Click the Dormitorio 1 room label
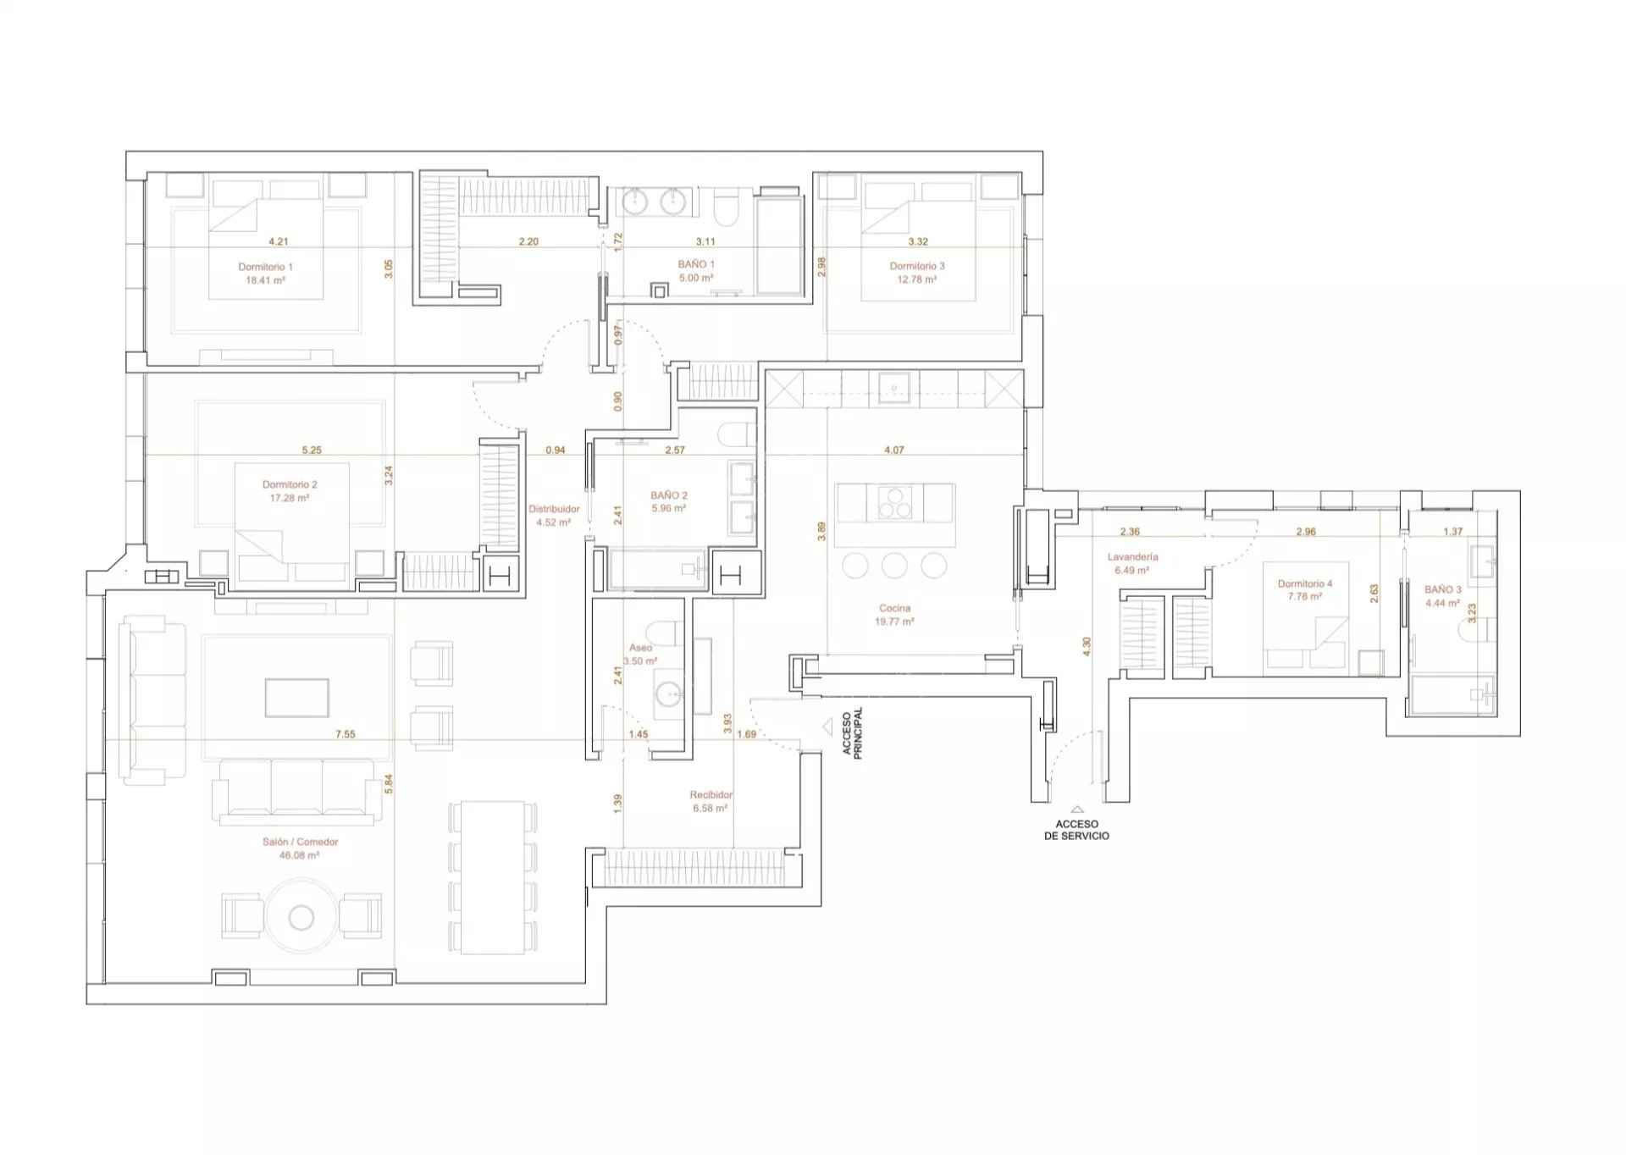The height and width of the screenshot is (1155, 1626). click(265, 267)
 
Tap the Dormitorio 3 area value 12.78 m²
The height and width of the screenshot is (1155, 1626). click(917, 279)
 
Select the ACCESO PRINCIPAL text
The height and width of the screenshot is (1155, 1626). click(852, 733)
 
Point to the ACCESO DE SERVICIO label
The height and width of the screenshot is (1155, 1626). click(1076, 830)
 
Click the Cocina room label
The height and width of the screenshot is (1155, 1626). click(895, 608)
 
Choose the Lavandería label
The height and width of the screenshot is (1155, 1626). click(1132, 557)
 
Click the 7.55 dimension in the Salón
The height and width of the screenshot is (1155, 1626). click(345, 734)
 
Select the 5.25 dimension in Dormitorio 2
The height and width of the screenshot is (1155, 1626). click(312, 450)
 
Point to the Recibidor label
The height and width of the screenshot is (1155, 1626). click(711, 795)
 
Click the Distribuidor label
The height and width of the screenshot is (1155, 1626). click(554, 509)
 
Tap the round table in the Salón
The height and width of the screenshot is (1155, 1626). click(301, 917)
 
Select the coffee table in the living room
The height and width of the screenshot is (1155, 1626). click(296, 698)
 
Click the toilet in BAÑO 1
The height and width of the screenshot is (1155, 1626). click(727, 207)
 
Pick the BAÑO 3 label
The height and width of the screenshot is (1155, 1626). click(1442, 589)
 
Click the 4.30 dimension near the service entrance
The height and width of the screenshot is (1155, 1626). click(1087, 646)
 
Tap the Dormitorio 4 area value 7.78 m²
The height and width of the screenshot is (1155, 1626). click(1304, 597)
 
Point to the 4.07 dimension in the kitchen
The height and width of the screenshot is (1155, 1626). click(893, 450)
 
